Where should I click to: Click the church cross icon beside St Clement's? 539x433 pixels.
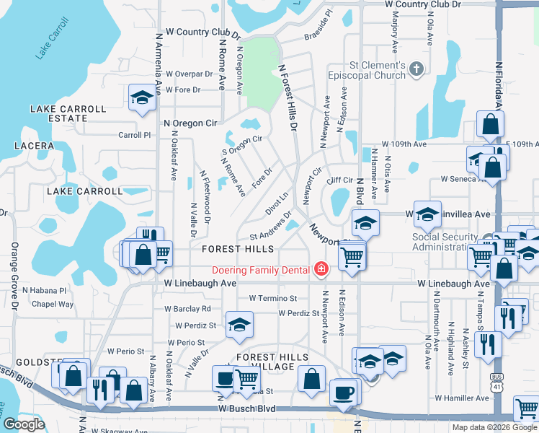415,69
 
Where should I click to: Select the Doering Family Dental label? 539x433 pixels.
262,271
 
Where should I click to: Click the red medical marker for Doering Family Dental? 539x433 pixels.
319,271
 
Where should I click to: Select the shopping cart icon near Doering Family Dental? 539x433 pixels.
351,256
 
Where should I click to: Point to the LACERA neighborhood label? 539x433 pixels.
33,146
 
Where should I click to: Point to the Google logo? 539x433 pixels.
24,424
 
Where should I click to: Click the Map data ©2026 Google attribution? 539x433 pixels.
494,427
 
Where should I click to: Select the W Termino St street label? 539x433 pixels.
273,298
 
